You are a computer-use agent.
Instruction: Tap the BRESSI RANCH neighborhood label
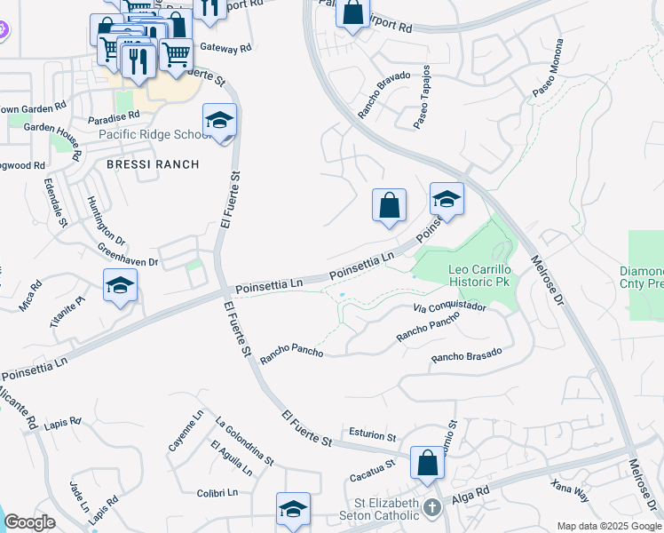pos(153,164)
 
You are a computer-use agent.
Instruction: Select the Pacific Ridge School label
pos(149,135)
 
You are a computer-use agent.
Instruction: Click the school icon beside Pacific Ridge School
pos(219,122)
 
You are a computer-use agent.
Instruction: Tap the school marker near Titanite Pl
pos(120,286)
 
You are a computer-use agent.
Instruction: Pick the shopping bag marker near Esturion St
pos(427,463)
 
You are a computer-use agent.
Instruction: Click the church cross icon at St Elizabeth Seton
pos(432,509)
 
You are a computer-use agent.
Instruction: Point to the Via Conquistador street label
pos(450,307)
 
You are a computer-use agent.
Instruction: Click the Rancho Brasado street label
pos(466,354)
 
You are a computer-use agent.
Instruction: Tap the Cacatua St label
pos(370,466)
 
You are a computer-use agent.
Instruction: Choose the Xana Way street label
pos(570,490)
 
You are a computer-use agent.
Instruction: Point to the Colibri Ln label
pos(217,493)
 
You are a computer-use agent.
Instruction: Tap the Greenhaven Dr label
pos(127,255)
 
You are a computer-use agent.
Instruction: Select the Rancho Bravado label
pos(383,94)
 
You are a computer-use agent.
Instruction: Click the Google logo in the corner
pos(29,522)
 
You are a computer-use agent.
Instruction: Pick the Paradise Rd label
pos(114,115)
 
